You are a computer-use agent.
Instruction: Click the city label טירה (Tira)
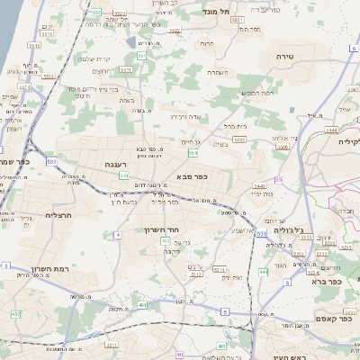tap(285, 56)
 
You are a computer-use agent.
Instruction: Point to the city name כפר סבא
tap(193, 176)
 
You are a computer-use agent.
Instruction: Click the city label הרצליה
tap(58, 216)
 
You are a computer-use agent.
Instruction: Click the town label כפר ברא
tap(328, 281)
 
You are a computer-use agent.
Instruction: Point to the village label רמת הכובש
tap(256, 93)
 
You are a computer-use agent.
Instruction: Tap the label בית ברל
tap(233, 126)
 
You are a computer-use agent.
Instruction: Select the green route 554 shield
tap(193, 153)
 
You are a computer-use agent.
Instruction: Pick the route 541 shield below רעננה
tap(122, 175)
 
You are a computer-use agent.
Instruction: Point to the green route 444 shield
tap(263, 270)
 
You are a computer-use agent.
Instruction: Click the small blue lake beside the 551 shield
tap(132, 42)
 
